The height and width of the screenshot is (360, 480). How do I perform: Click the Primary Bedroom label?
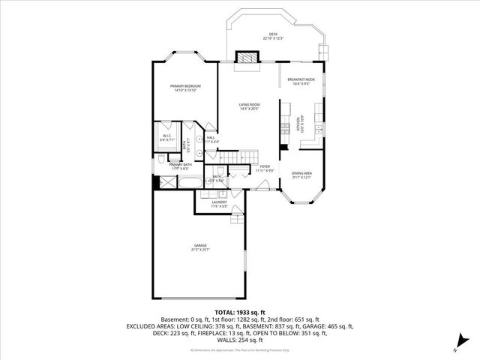tap(184, 88)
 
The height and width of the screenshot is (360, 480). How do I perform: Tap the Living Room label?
tap(250, 106)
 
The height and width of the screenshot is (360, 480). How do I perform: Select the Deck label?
tap(274, 35)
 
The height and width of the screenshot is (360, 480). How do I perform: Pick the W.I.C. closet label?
tap(166, 136)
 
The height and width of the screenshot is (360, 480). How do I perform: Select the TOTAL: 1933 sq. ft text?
tap(240, 312)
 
